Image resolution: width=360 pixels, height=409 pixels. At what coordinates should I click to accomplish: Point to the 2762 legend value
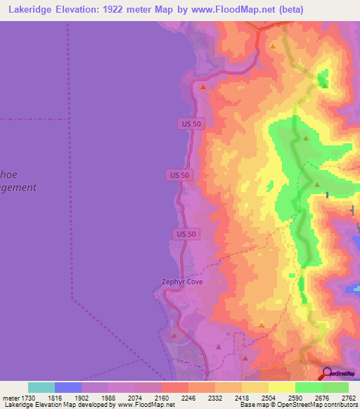[x=349, y=398]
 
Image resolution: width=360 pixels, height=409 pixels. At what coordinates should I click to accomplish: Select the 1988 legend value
[x=108, y=398]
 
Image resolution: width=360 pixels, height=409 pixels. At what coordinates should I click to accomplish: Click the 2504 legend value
[x=269, y=398]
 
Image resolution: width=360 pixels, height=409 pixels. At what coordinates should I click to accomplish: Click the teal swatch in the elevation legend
[x=41, y=387]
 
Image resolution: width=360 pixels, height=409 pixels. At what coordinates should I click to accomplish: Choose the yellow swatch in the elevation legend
[x=281, y=387]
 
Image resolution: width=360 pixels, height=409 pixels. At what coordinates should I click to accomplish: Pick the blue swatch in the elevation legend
[x=68, y=387]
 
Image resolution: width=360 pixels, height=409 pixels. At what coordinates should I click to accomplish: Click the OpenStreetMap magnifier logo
[x=328, y=374]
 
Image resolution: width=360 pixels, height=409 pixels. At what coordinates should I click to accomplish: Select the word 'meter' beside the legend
[x=10, y=398]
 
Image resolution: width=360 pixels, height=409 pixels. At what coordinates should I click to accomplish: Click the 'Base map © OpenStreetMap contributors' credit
[x=298, y=405]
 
